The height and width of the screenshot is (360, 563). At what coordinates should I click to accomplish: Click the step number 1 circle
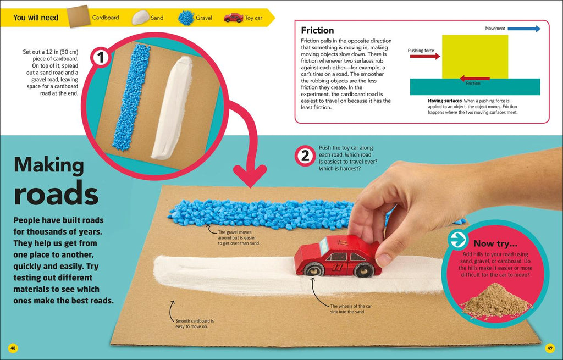coord(101,57)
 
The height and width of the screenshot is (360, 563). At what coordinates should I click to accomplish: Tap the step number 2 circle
coord(305,156)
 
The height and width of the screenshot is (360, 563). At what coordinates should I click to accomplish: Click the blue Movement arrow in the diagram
coord(524,29)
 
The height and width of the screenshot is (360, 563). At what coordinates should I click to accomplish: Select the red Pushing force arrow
coord(425,57)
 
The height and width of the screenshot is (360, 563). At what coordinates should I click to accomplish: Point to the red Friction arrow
coord(474,78)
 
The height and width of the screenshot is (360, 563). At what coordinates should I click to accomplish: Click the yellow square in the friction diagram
coord(475,57)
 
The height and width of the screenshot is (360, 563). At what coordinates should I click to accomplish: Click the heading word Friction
coord(317,30)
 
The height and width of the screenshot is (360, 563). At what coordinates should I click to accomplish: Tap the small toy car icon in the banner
coord(233,18)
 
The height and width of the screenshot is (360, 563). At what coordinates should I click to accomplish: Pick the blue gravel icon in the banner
coord(186,18)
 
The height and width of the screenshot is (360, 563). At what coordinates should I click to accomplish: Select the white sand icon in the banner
coord(140,18)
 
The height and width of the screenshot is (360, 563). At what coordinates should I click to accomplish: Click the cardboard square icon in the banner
coord(79,16)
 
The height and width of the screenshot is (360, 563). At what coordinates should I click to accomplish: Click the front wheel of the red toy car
coord(313,269)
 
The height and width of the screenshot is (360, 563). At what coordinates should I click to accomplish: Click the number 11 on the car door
coord(338,268)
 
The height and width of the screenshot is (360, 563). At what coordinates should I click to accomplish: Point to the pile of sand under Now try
coord(496,301)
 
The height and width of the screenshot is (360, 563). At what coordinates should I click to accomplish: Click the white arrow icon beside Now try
coord(458,240)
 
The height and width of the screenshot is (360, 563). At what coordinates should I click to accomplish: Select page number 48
coord(13,348)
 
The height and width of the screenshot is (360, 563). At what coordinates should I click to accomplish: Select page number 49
coord(550,348)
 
